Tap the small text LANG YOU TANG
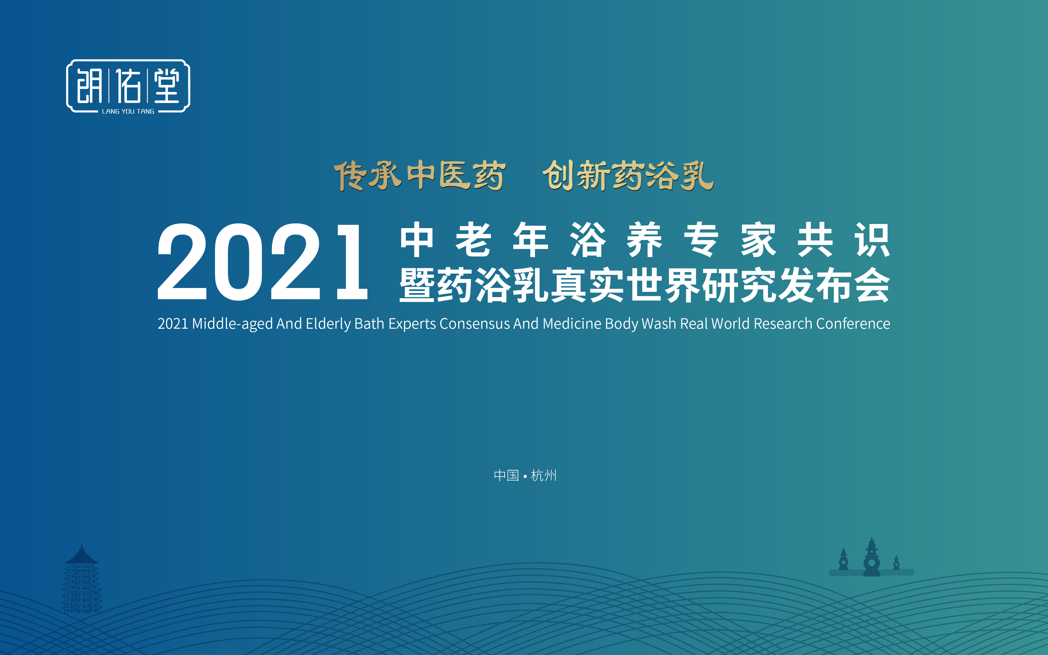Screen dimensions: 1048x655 click(128, 111)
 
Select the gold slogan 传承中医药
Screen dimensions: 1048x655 click(419, 175)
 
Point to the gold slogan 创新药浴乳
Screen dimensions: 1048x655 click(628, 175)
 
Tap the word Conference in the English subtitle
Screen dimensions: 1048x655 click(853, 324)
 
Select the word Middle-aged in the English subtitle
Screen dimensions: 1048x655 click(232, 324)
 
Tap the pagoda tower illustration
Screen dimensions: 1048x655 click(82, 580)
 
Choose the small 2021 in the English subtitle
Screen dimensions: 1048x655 click(173, 324)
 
